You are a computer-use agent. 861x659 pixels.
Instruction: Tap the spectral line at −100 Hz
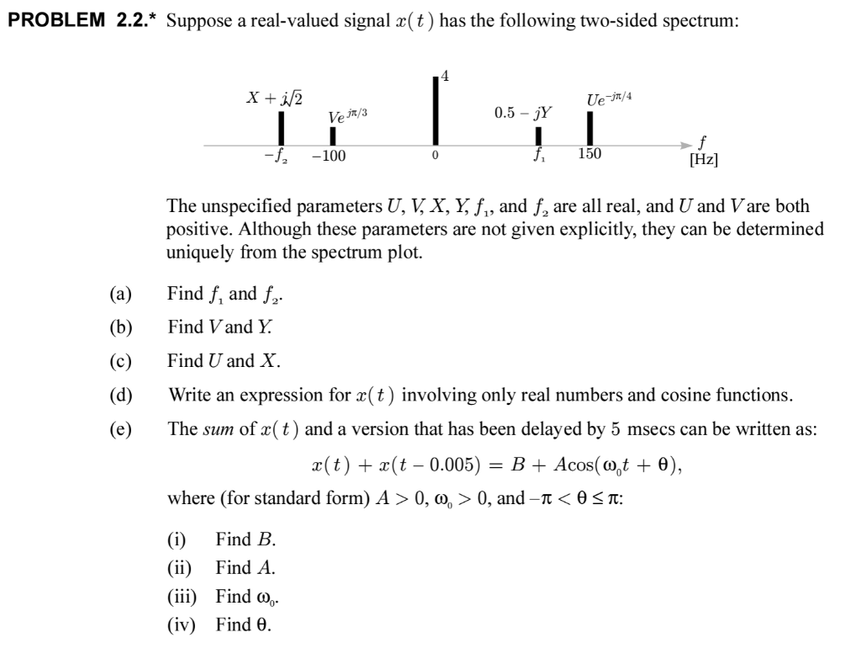pos(332,136)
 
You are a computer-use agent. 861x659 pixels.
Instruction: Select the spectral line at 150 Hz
pos(590,129)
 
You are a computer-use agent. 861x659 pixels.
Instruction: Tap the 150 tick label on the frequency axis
pos(589,156)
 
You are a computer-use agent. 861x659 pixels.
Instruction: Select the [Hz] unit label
pos(703,160)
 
